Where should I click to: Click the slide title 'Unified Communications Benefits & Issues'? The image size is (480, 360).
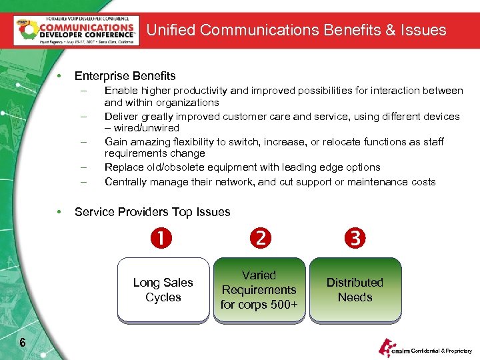(x=296, y=30)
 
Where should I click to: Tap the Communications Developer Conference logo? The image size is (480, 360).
(x=76, y=30)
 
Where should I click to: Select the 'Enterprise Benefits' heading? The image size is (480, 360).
(x=125, y=76)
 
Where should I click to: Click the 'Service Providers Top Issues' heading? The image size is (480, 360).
(x=152, y=212)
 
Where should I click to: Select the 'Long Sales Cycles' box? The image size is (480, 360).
(x=163, y=290)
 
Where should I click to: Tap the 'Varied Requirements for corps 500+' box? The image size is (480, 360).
(x=259, y=290)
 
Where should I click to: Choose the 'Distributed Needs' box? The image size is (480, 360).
(x=355, y=290)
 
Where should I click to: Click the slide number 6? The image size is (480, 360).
(x=23, y=343)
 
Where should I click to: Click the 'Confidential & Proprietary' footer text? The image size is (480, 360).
(x=441, y=351)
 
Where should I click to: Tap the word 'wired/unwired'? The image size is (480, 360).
(x=146, y=128)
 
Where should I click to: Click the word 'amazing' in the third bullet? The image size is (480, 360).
(x=149, y=142)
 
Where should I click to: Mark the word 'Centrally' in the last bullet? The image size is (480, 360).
(x=125, y=182)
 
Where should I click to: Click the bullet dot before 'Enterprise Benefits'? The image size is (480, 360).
(x=60, y=76)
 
